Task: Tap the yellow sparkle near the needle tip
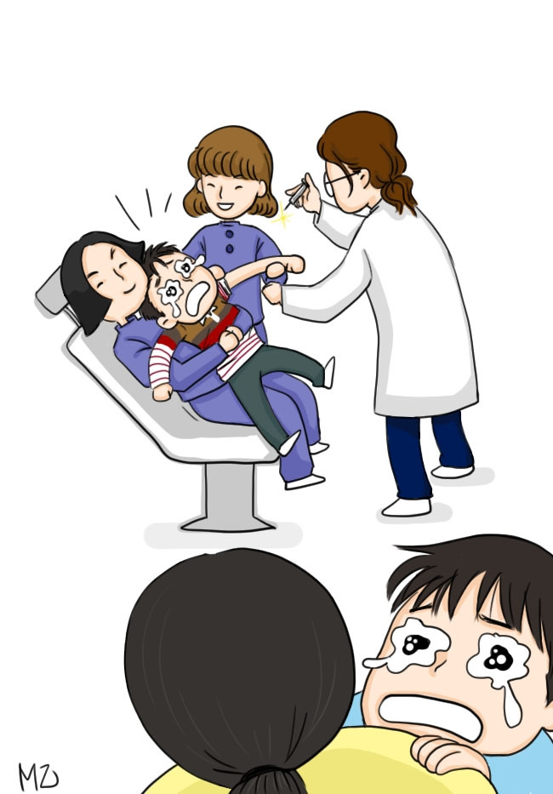[x=283, y=214]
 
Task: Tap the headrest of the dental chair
[x=54, y=294]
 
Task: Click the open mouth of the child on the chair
[x=197, y=298]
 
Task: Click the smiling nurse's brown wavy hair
[x=231, y=157]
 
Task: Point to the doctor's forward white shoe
[x=408, y=507]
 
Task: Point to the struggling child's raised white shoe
[x=328, y=372]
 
